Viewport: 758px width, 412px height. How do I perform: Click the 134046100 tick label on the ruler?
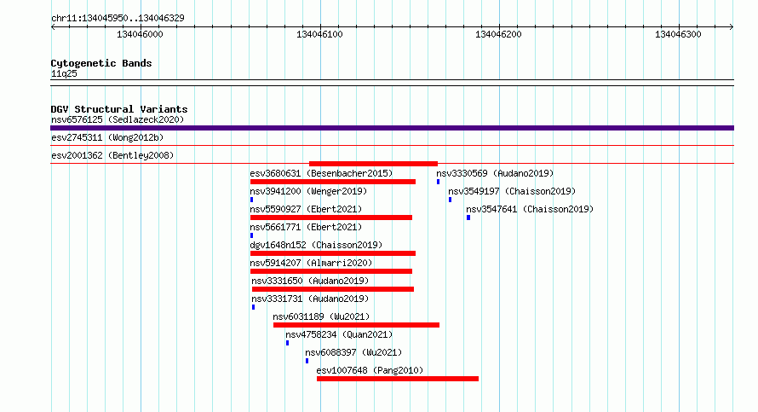[319, 34]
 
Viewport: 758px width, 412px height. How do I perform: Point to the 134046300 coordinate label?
[678, 34]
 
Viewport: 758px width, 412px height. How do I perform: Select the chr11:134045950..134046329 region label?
[118, 19]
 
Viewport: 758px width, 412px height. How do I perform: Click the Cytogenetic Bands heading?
[101, 63]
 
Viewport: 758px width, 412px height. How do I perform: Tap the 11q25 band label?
[64, 73]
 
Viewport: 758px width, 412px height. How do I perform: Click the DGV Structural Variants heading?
[119, 109]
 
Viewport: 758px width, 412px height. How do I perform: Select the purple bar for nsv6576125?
[392, 128]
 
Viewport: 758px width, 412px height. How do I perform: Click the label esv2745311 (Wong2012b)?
[107, 137]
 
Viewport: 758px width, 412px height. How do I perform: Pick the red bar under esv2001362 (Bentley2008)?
[373, 164]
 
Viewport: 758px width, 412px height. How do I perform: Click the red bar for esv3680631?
[333, 182]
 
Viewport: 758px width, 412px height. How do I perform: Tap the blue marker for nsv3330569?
[438, 182]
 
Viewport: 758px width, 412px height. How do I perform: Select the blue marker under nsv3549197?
[450, 200]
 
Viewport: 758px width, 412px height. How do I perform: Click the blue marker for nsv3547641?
[468, 218]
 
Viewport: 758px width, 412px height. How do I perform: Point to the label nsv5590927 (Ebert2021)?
[306, 209]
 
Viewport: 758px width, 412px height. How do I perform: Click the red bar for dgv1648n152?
[333, 253]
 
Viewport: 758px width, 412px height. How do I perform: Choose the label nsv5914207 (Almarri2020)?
[311, 263]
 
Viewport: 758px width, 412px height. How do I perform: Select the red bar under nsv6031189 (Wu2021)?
[356, 325]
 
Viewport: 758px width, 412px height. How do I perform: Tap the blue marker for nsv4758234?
[287, 343]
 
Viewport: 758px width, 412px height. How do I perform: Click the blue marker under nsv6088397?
[307, 361]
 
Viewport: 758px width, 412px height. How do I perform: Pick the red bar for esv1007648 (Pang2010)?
[398, 379]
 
